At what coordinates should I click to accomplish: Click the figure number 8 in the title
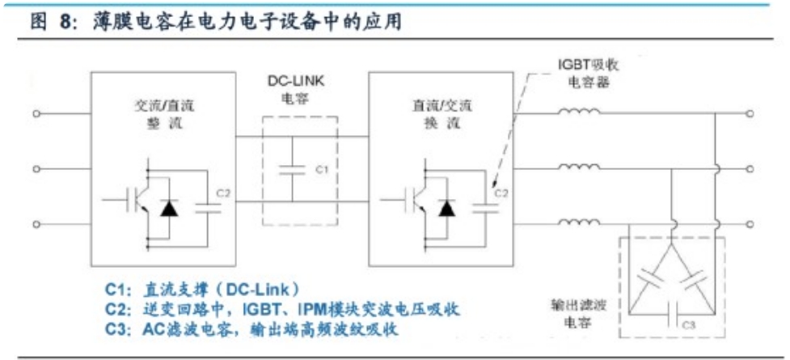[x=67, y=23]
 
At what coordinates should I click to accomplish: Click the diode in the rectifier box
[x=167, y=208]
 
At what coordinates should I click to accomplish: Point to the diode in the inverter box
[x=445, y=208]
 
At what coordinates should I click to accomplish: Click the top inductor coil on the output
[x=579, y=112]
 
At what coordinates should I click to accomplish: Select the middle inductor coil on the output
[x=579, y=167]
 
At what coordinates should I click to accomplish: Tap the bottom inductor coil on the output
[x=579, y=222]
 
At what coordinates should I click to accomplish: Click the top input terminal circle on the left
[x=36, y=113]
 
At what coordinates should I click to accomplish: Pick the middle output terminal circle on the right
[x=750, y=169]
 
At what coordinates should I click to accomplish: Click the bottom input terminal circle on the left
[x=36, y=224]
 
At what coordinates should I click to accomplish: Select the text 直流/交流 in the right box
[x=440, y=107]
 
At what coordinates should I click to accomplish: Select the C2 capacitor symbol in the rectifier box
[x=208, y=208]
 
